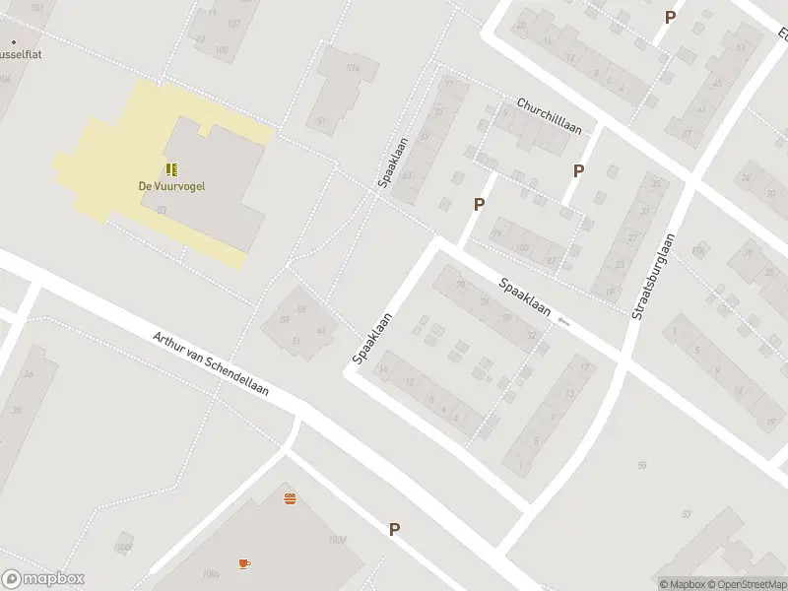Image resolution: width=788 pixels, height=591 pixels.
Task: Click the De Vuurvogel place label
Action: pyautogui.click(x=171, y=186)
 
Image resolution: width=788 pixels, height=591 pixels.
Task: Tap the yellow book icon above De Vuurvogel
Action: pyautogui.click(x=171, y=169)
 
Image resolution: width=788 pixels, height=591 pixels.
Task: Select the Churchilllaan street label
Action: pyautogui.click(x=550, y=116)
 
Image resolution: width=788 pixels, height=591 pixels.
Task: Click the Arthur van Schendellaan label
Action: pyautogui.click(x=211, y=363)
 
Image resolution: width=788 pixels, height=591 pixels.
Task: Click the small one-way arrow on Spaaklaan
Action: pyautogui.click(x=563, y=321)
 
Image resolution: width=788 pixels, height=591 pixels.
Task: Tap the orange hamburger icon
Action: pyautogui.click(x=291, y=498)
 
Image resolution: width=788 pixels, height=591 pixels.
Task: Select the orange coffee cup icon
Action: pyautogui.click(x=244, y=563)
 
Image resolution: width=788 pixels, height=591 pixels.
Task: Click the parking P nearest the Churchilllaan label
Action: pyautogui.click(x=578, y=170)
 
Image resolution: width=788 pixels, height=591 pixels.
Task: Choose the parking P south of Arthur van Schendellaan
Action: pyautogui.click(x=394, y=529)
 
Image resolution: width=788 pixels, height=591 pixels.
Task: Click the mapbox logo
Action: pyautogui.click(x=43, y=579)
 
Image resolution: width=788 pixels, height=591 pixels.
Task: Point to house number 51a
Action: pyautogui.click(x=352, y=68)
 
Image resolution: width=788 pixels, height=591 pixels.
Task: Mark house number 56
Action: pyautogui.click(x=642, y=465)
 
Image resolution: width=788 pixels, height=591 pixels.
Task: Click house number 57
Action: pyautogui.click(x=688, y=514)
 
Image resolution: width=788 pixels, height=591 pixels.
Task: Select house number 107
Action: pyautogui.click(x=233, y=23)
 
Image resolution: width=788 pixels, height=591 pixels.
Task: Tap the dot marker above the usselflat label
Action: pyautogui.click(x=13, y=42)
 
